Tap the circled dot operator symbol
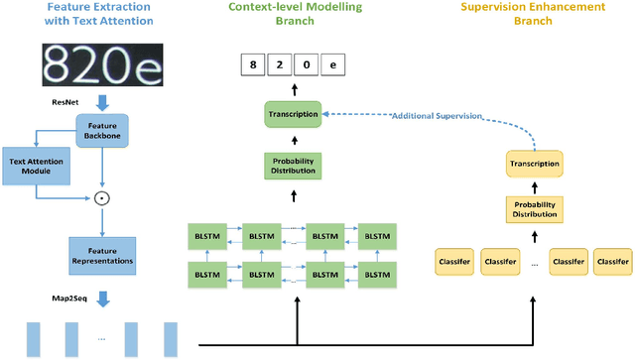[100, 198]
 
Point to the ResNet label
[65, 101]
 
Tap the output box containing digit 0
[308, 66]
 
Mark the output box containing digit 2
[282, 66]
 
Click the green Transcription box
[294, 114]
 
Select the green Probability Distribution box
[294, 166]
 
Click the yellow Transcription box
[534, 164]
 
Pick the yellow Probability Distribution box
[534, 209]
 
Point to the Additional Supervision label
[437, 116]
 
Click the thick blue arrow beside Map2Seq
[102, 295]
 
